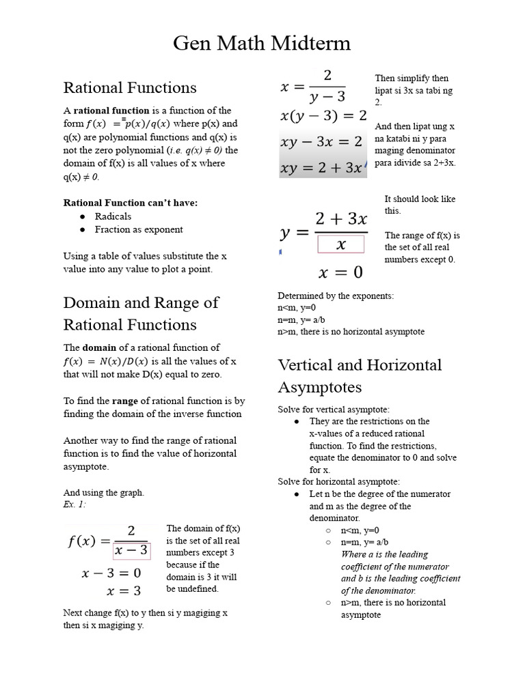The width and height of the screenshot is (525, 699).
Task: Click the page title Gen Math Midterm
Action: pos(262,44)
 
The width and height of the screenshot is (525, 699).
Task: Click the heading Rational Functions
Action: pos(130,87)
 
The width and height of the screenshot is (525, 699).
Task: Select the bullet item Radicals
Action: pos(114,216)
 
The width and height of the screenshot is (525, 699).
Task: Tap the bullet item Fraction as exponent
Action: pos(139,229)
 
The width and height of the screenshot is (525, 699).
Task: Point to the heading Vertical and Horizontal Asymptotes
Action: pos(360,375)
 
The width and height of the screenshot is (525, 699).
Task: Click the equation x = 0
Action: pos(340,273)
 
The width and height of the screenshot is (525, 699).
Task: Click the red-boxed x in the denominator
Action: pos(340,244)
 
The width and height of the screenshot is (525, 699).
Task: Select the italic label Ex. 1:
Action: pos(75,505)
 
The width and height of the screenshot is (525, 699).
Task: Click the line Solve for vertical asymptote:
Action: pos(334,409)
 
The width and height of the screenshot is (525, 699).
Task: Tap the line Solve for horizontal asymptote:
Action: pos(338,481)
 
